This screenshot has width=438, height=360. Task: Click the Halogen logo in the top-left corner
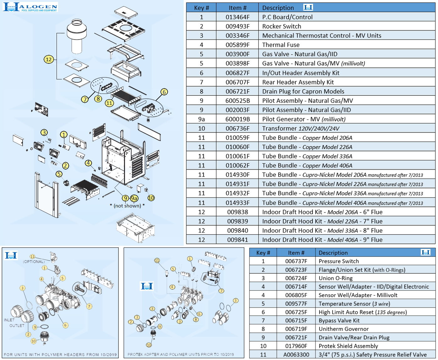coord(30,7)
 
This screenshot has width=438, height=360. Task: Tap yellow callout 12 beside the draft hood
coord(49,59)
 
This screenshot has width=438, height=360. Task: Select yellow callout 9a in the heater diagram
coord(134,198)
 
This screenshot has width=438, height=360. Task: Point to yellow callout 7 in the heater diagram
coord(85,99)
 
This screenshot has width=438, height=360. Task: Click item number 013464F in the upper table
coord(237,17)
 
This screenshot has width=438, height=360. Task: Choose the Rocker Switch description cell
coord(282,26)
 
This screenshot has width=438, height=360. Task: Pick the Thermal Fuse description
coord(281,45)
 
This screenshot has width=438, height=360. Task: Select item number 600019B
coord(237,119)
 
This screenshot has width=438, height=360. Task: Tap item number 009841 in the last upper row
coord(237,240)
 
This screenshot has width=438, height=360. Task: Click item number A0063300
coord(296,355)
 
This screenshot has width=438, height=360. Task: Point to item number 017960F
coord(296,346)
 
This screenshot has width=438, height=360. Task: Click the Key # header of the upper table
coord(201,8)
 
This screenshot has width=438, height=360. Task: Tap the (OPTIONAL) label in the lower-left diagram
coord(34,261)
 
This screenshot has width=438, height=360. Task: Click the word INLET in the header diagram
coord(9,320)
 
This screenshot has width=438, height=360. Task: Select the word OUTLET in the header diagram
coord(17,325)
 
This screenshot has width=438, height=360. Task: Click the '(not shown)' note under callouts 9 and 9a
coord(127,206)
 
